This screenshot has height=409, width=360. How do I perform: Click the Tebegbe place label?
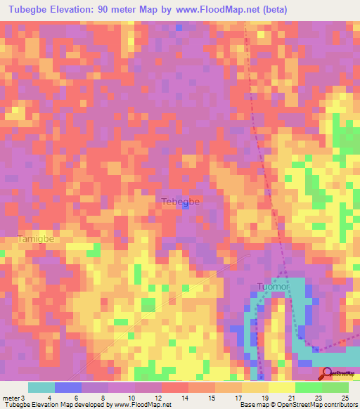pyautogui.click(x=181, y=202)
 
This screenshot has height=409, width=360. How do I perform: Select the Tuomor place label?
pyautogui.click(x=273, y=287)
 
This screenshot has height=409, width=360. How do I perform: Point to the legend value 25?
pyautogui.click(x=345, y=397)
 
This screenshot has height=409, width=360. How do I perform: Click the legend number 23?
pyautogui.click(x=317, y=397)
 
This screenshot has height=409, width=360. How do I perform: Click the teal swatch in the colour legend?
pyautogui.click(x=41, y=387)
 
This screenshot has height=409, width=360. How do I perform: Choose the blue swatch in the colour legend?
pyautogui.click(x=68, y=387)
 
